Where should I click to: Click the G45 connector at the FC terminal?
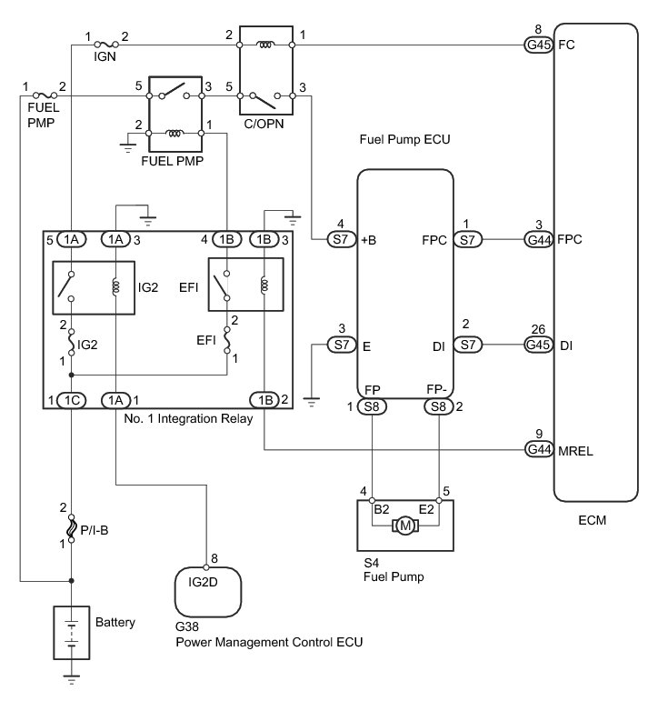coord(539,44)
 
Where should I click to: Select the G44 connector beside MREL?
coord(539,448)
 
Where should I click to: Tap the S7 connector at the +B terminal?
coord(341,239)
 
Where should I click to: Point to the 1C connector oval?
coord(71,399)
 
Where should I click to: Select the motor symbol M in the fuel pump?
coord(402,526)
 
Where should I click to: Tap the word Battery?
coord(115,623)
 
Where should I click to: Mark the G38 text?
coord(186,626)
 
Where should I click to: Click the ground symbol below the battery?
coord(72,676)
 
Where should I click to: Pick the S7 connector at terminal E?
coord(341,345)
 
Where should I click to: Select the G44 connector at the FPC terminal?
coord(539,239)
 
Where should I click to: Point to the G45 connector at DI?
coord(539,345)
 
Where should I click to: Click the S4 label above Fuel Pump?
coord(369,561)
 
